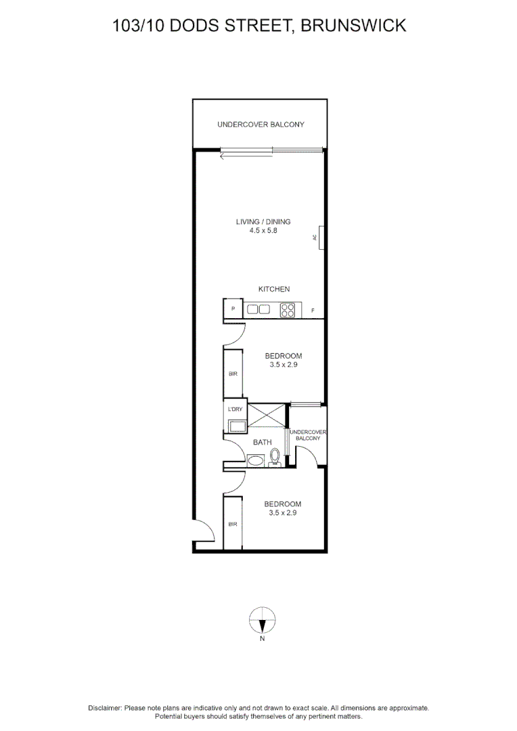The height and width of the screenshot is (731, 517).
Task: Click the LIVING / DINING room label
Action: pos(263,221)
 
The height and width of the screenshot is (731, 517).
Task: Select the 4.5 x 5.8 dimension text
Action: pos(263,231)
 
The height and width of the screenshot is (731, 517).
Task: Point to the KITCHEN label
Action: pos(274,289)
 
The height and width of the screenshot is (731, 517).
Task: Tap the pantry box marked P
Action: pos(233,309)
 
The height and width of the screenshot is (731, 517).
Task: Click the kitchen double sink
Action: pos(258,309)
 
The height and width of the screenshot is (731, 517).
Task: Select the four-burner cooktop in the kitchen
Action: pos(288,309)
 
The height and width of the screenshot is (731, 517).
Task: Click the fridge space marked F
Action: pos(313,311)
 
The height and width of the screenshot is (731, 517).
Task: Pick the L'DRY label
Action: pos(235,409)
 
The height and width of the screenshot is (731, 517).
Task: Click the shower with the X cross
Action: pos(268,415)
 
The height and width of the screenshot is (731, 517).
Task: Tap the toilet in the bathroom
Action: pos(275,458)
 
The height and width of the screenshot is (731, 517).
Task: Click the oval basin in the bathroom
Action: pos(256,461)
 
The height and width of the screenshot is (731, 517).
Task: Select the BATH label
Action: pos(263,443)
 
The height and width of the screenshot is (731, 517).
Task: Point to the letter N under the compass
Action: pos(263,638)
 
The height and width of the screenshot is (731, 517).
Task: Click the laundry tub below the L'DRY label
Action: pos(237,426)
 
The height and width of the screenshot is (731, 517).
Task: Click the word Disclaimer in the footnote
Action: pos(104,707)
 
